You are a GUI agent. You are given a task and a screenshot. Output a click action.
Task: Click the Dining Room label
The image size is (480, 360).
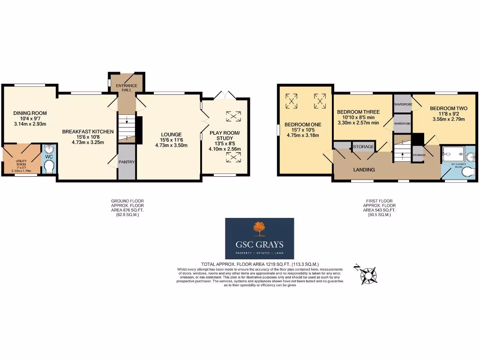30,113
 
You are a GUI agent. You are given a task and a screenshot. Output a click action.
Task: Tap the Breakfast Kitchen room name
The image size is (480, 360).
88,132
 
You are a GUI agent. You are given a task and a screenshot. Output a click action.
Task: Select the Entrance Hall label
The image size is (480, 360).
127,89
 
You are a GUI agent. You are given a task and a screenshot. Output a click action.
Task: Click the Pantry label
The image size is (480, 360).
127,162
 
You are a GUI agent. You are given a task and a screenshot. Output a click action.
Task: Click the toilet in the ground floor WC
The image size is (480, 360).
49,166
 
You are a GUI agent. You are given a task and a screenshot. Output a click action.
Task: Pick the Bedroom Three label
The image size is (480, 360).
358,112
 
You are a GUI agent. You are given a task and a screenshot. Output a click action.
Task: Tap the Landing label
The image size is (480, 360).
364,170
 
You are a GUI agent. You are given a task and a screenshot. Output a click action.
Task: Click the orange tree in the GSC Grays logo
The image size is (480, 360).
259,229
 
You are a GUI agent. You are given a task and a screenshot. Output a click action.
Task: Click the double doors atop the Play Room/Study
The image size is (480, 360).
224,95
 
